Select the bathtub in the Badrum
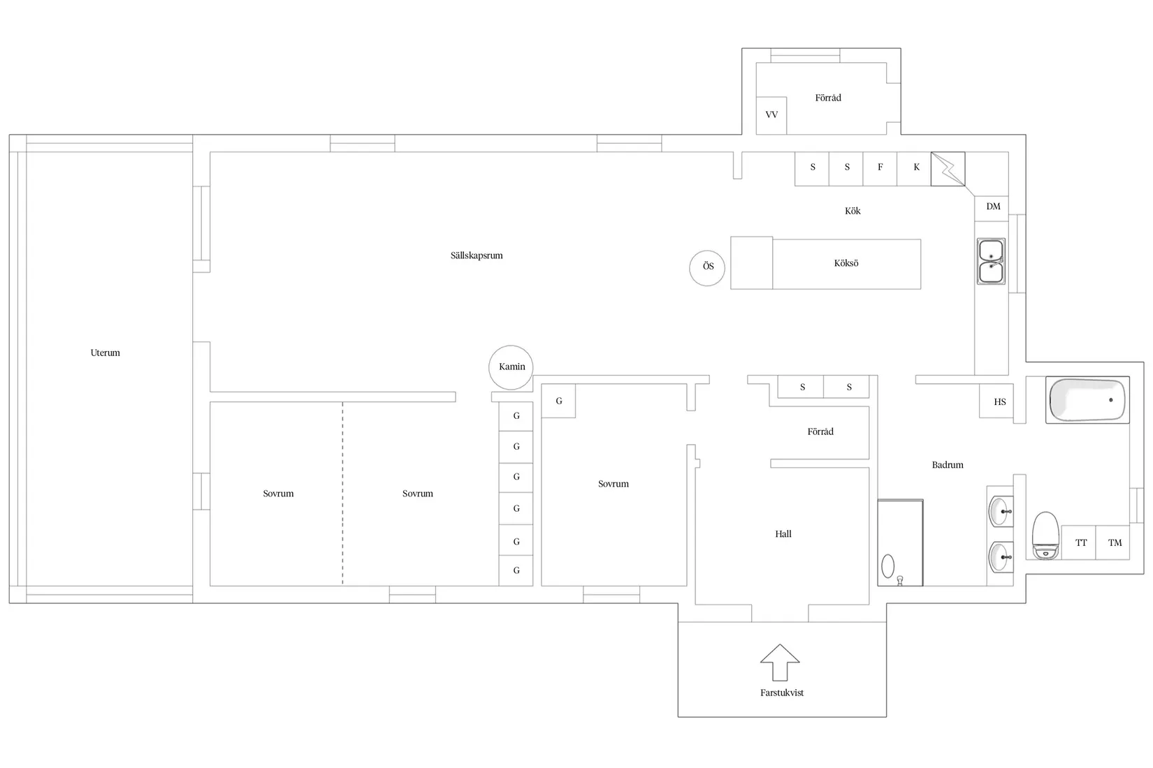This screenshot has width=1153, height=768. click(x=1087, y=399)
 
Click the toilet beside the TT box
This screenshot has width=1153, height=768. click(x=1046, y=536)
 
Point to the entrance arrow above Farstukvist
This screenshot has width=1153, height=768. click(x=780, y=663)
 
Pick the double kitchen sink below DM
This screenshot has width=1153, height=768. click(x=991, y=261)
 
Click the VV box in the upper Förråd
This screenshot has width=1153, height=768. click(x=771, y=116)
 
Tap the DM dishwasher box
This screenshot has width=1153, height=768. click(x=992, y=208)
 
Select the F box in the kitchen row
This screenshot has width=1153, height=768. click(x=880, y=169)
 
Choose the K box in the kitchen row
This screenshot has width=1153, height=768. click(x=914, y=169)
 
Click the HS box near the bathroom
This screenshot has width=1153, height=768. click(x=996, y=401)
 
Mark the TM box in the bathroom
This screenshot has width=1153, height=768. click(x=1113, y=542)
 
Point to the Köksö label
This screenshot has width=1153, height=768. click(x=846, y=263)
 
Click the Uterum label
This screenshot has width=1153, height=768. click(x=105, y=353)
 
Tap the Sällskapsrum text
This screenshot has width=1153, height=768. click(x=477, y=256)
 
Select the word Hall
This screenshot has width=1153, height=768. click(x=783, y=534)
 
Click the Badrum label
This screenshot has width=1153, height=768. click(x=947, y=465)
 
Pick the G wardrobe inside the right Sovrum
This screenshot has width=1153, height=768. click(x=558, y=401)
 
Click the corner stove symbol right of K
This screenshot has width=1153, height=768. click(x=948, y=169)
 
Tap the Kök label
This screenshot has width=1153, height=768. click(x=853, y=211)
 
